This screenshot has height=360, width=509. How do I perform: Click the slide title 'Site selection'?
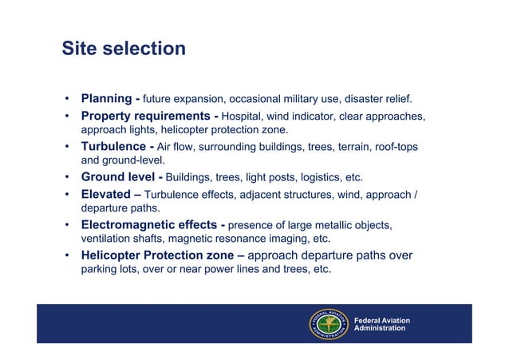coord(124,49)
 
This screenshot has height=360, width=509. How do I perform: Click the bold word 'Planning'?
coord(106,99)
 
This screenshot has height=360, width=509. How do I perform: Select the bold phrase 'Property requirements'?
coord(145,117)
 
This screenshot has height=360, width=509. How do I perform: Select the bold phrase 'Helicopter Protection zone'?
coord(159,255)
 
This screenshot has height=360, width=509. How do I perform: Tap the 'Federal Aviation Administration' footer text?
coord(381,324)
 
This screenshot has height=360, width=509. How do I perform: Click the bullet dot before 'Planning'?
coord(69,100)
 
